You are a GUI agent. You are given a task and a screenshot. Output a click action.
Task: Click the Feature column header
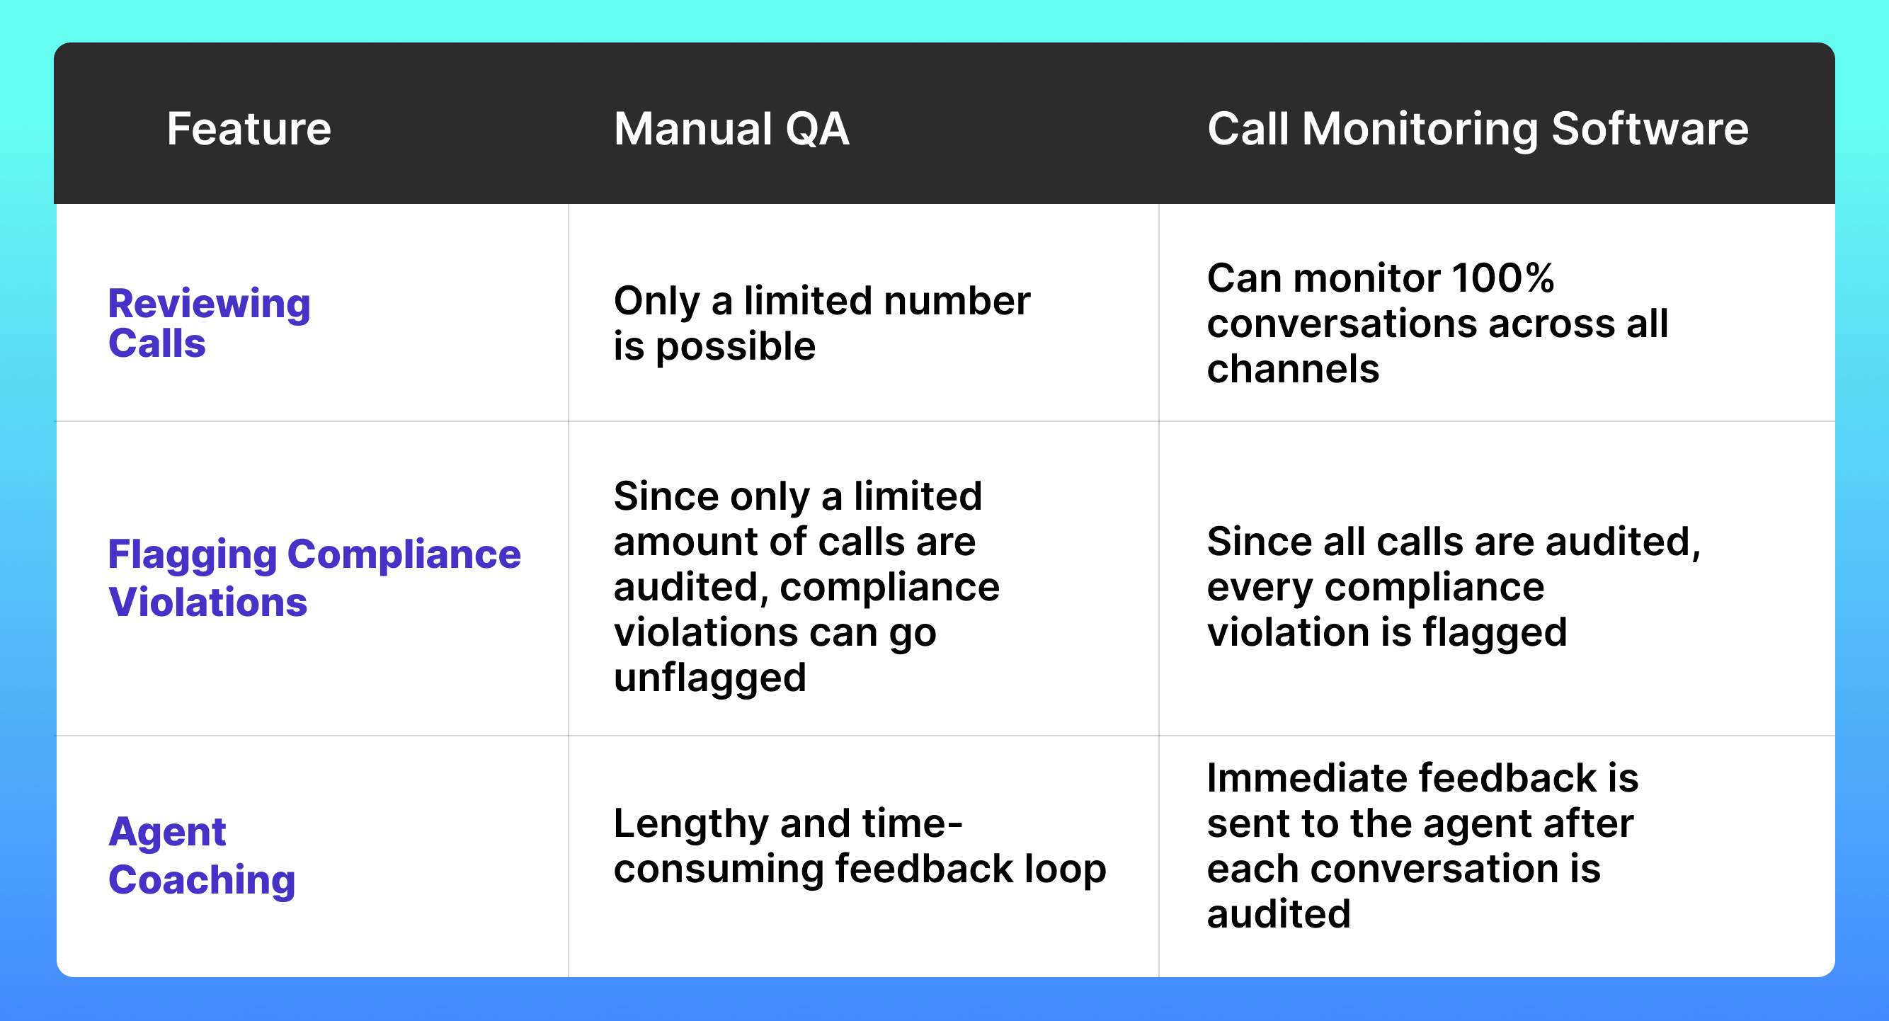(249, 129)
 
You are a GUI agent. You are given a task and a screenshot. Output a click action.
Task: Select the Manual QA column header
(731, 129)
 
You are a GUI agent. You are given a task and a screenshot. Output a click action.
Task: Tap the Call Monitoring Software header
(1478, 129)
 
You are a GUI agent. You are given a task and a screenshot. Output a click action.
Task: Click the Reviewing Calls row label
(209, 323)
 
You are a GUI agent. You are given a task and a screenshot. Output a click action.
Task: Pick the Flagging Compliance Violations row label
(314, 577)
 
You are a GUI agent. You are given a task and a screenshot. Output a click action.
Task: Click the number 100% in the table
(1502, 279)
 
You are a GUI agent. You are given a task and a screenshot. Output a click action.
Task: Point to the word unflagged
(710, 677)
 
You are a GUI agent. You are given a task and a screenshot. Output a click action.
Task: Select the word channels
(1293, 369)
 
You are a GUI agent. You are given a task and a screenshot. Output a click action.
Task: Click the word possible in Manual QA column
(736, 346)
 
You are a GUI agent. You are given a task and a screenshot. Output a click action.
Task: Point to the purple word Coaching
(202, 879)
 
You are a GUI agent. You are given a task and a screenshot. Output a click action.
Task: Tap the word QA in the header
(817, 129)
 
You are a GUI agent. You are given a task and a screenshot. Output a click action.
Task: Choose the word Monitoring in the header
(1420, 129)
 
